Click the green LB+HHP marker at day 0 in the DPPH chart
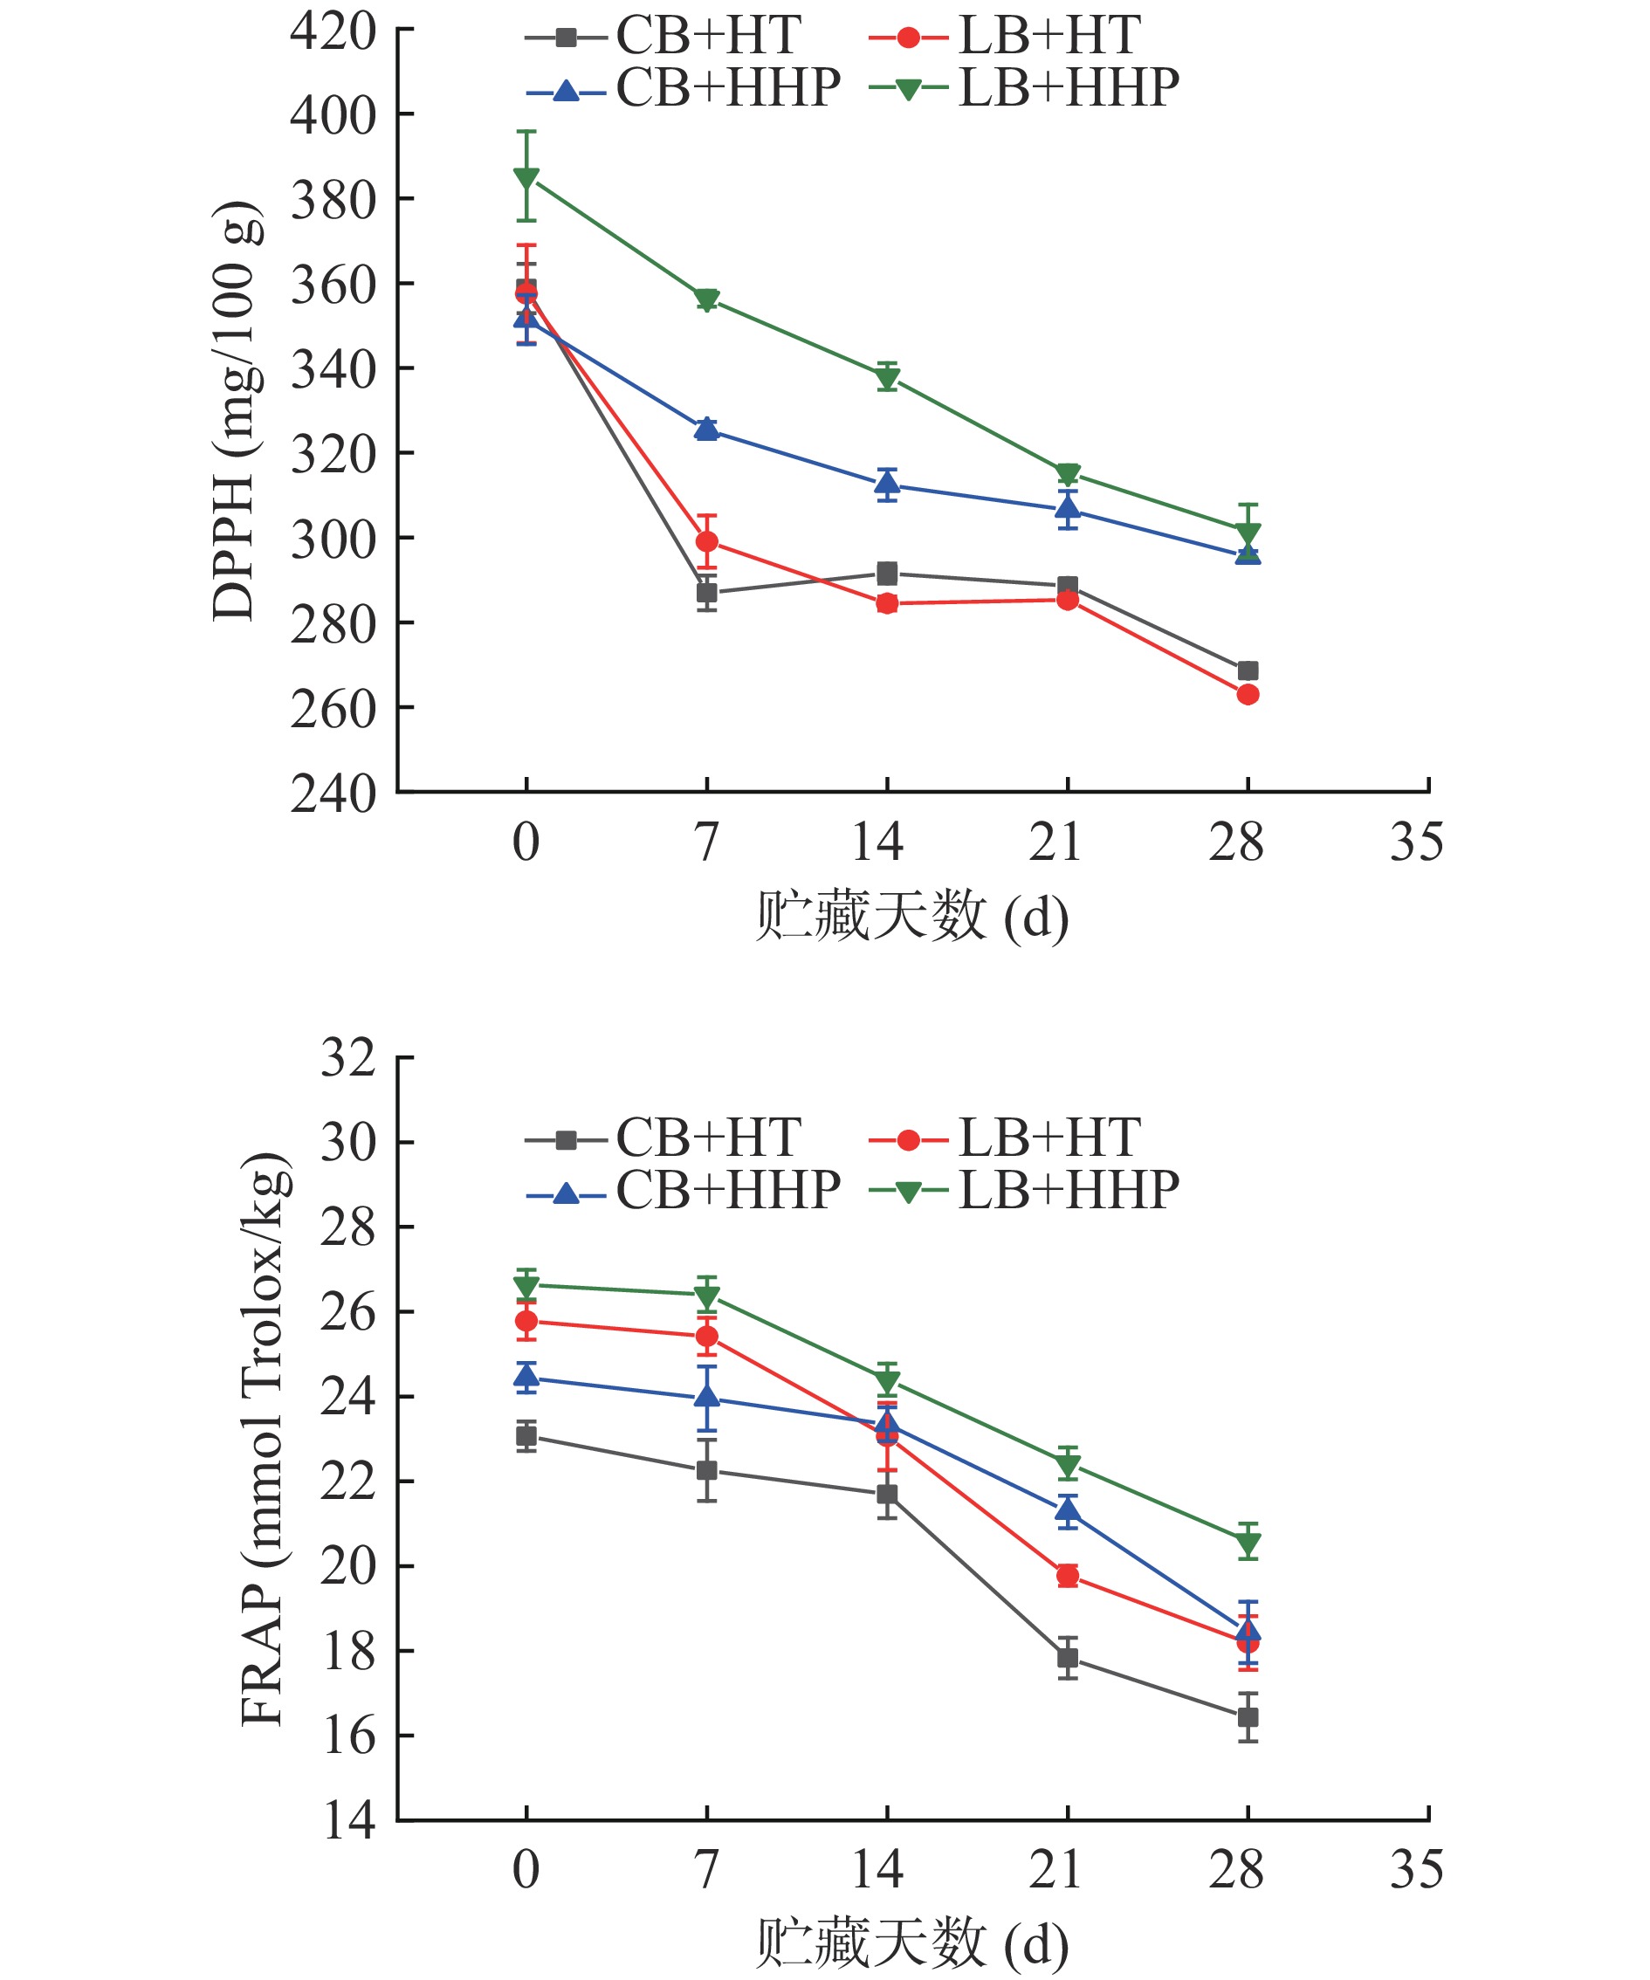526,177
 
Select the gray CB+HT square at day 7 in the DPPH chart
706,593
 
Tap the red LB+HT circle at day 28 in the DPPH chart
1248,695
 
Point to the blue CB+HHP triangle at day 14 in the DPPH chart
886,485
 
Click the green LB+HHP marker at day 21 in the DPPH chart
1068,473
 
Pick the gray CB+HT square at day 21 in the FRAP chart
1068,1658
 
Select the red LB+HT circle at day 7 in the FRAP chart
706,1337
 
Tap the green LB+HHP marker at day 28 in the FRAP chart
1248,1544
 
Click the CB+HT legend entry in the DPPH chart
663,37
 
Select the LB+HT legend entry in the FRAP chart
1005,1138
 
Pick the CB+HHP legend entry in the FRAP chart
684,1190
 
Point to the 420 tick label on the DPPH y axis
333,31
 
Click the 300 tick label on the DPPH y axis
333,540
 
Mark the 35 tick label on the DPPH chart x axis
1416,842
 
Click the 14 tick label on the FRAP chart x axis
877,1869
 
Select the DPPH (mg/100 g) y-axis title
234,411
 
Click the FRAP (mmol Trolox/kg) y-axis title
264,1439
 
